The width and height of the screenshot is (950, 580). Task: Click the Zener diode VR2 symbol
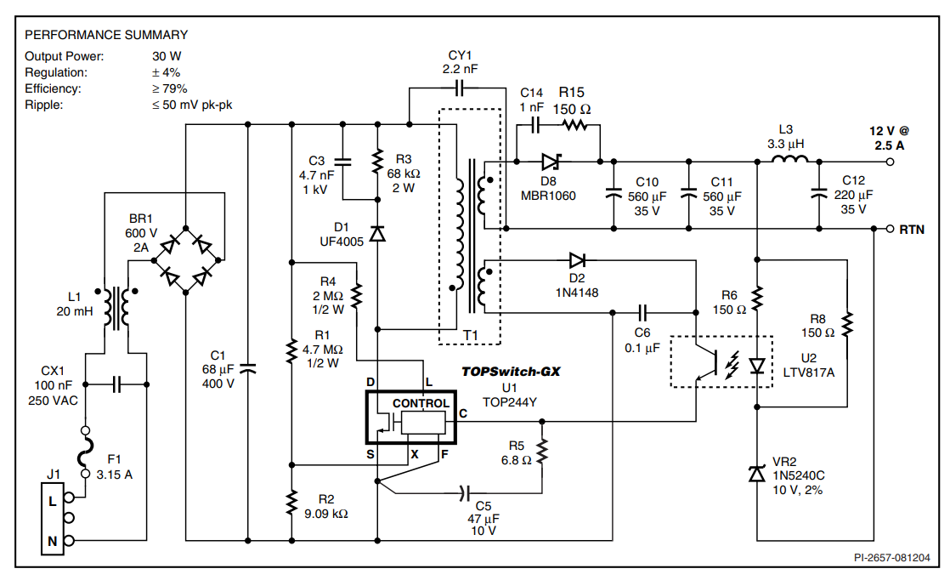(x=756, y=475)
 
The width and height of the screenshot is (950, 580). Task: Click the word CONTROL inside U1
(x=421, y=403)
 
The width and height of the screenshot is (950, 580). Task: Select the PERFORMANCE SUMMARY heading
(x=106, y=35)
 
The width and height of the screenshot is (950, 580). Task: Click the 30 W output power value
(x=161, y=56)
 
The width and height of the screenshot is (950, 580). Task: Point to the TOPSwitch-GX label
(x=511, y=372)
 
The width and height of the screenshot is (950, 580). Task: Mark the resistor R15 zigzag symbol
(x=575, y=126)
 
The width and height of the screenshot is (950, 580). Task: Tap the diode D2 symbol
(x=577, y=259)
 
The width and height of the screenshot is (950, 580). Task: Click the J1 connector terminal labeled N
(x=53, y=540)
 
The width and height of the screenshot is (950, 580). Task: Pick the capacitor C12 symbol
(x=818, y=195)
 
